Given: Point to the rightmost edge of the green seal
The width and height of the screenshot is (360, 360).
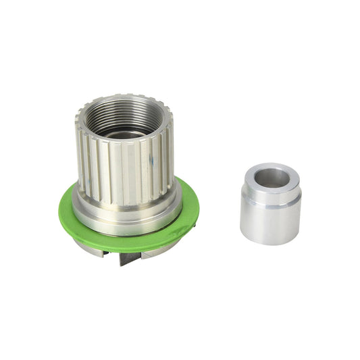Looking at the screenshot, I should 198,203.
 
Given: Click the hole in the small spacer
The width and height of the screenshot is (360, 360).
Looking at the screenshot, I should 272,178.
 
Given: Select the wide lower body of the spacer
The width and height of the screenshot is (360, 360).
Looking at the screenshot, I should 270,223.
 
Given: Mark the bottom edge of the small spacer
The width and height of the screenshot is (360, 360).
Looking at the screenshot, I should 270,242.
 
